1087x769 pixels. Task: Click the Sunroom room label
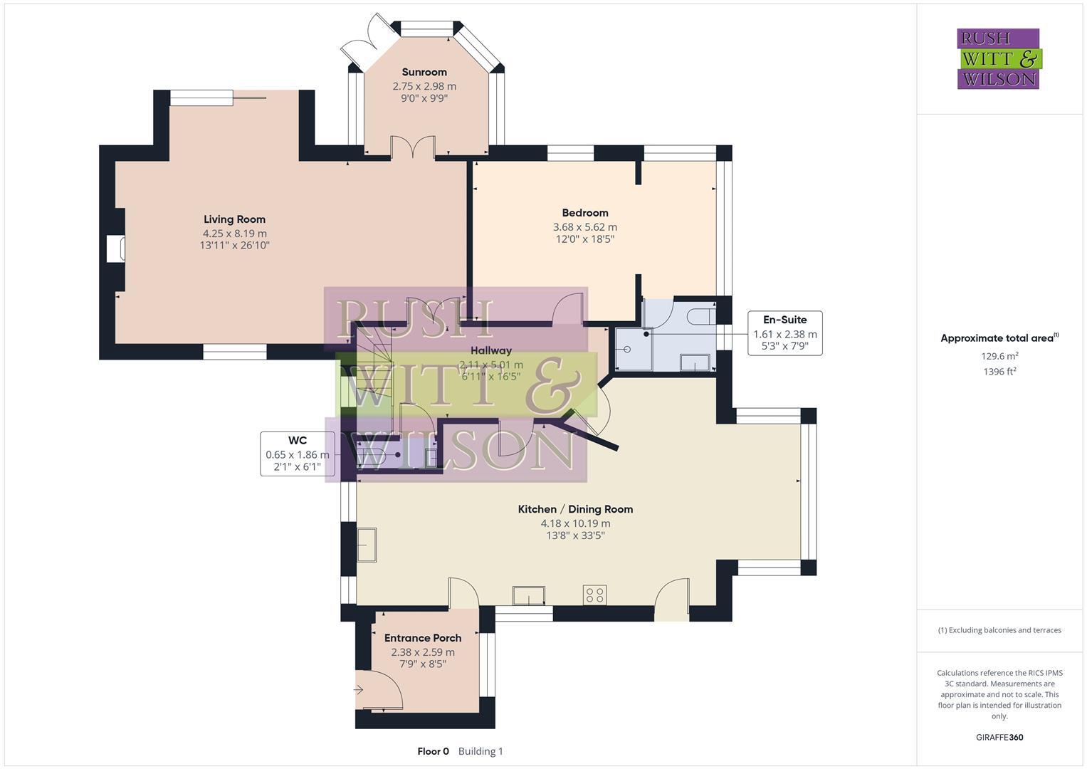(424, 72)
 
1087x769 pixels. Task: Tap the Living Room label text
(234, 219)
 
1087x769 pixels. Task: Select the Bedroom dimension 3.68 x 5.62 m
(584, 227)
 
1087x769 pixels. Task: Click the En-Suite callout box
(784, 333)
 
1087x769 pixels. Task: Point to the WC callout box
(297, 454)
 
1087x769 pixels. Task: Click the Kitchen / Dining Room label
(574, 509)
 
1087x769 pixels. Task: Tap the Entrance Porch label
(423, 638)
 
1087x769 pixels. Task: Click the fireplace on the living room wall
(116, 249)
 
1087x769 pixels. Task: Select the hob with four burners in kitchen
(594, 595)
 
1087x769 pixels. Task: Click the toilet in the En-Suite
(700, 315)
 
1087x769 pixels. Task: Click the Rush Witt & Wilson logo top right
(998, 58)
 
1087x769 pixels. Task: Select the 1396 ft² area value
(999, 371)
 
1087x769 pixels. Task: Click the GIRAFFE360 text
(999, 737)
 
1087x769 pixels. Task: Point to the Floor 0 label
(433, 751)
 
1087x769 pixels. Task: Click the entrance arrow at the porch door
(359, 689)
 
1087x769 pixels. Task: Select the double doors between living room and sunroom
(413, 147)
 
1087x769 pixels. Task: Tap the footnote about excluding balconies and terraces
(999, 630)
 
